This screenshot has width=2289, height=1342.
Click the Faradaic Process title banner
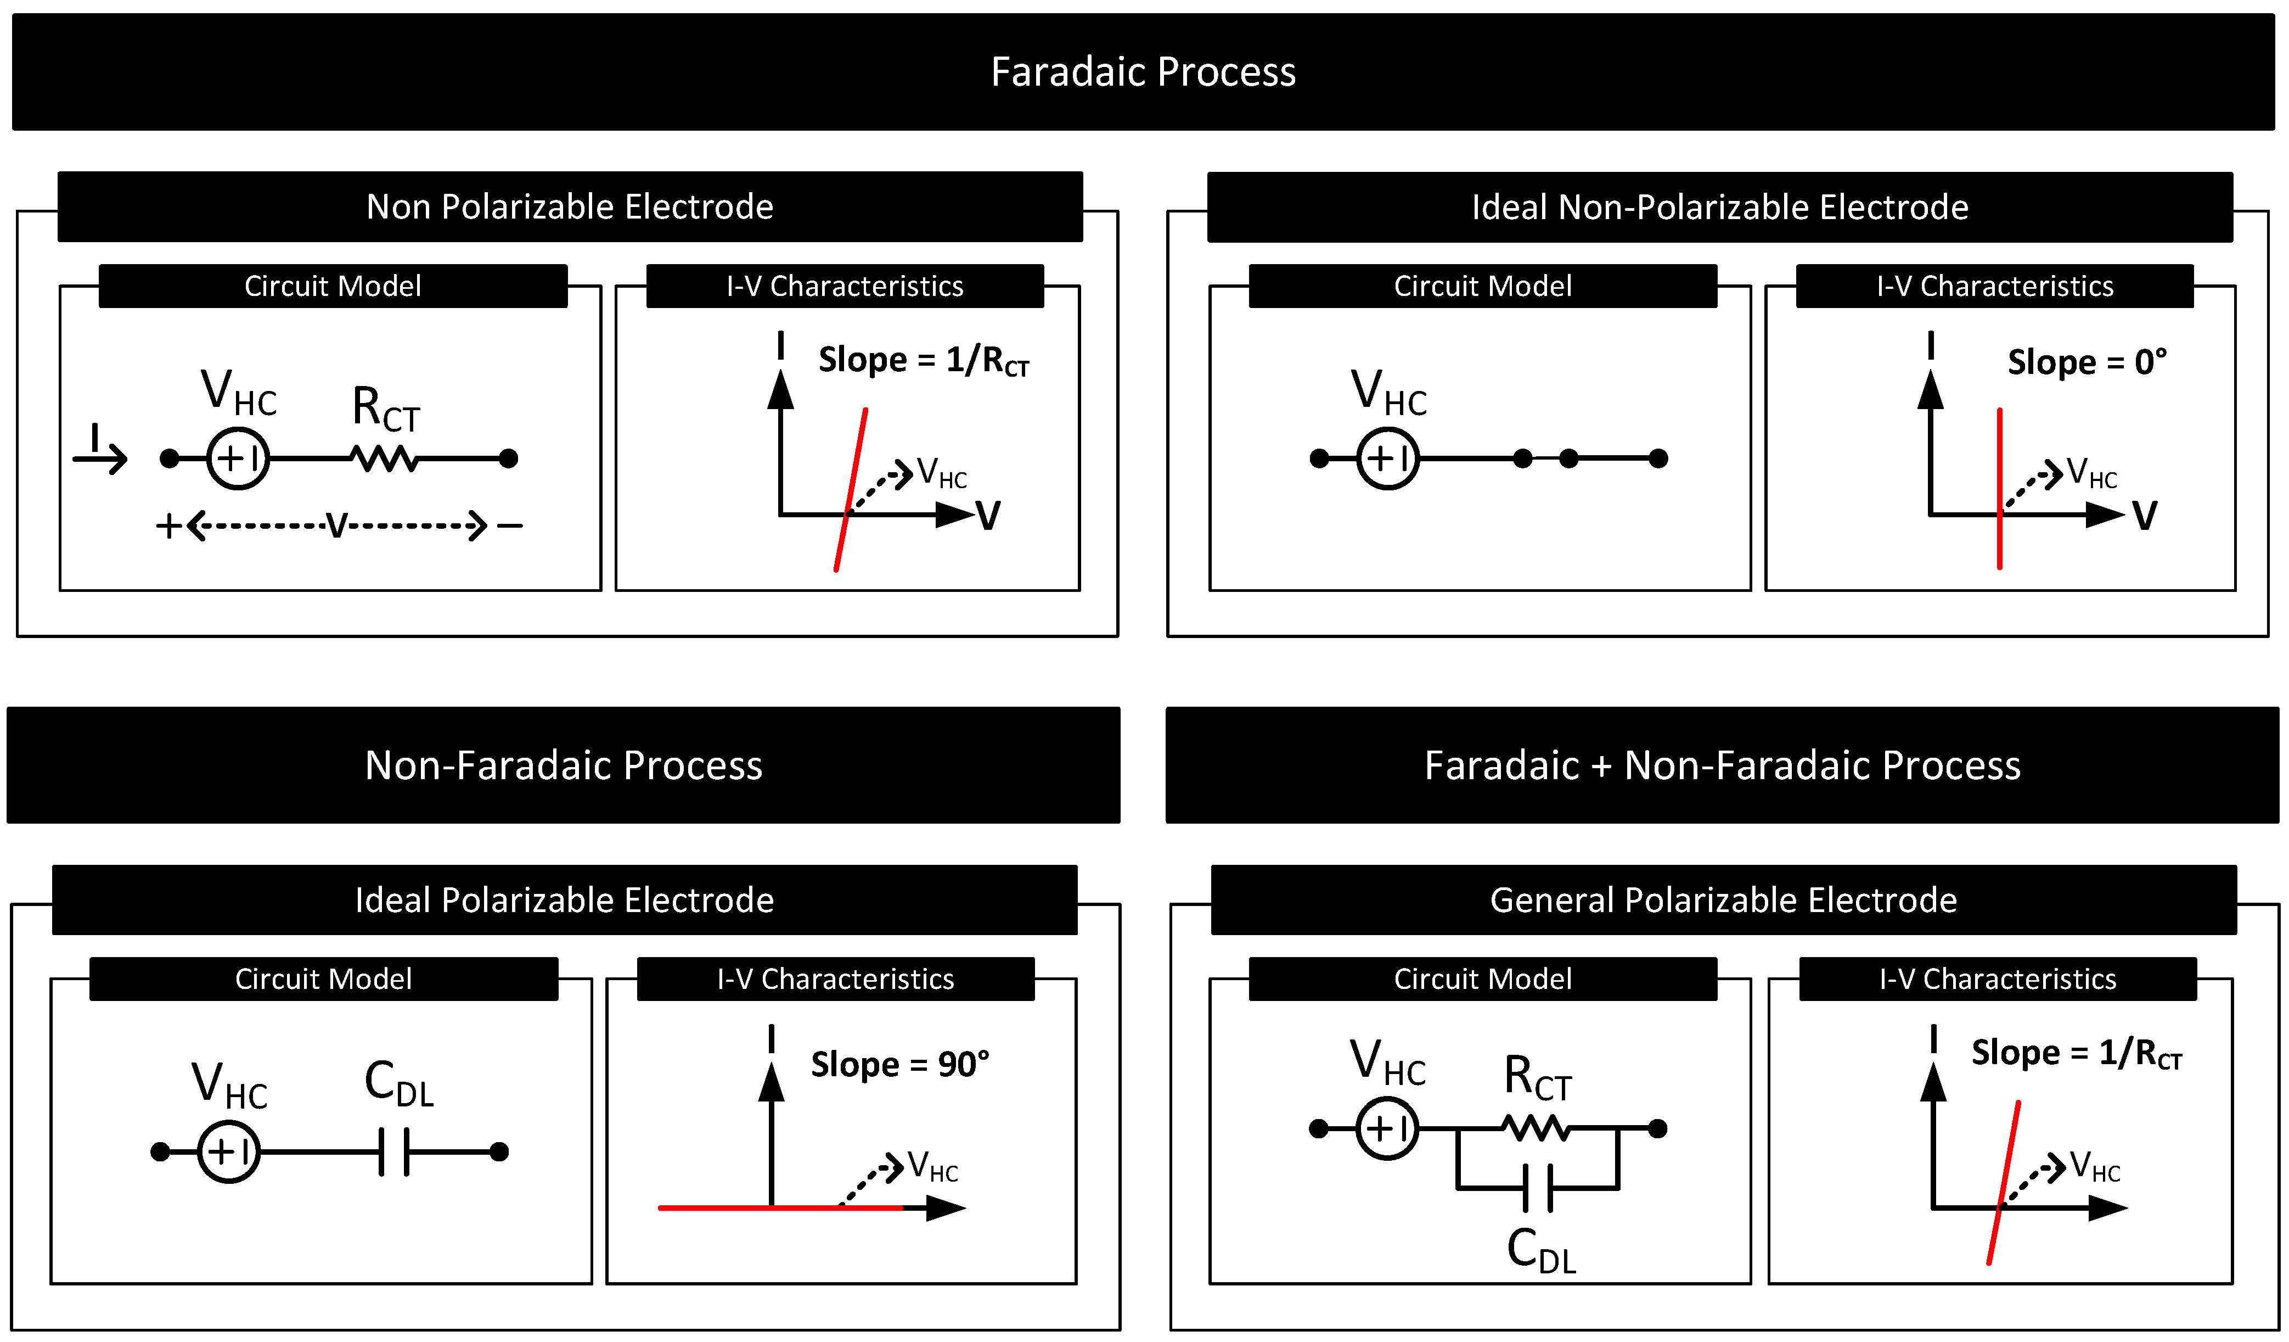coord(1143,72)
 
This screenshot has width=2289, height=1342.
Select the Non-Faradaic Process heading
coord(563,765)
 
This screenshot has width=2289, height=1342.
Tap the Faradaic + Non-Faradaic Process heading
coord(1722,765)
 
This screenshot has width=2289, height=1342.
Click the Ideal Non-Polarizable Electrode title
coord(1719,207)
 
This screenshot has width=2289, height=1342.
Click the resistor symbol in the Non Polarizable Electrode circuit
coord(385,459)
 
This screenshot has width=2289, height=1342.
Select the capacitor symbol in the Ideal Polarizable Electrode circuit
coord(394,1152)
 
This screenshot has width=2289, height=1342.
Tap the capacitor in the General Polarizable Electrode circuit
coord(1537,1188)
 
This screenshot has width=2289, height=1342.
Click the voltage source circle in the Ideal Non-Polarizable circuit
coord(1387,459)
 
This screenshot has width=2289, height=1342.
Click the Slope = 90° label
coord(899,1064)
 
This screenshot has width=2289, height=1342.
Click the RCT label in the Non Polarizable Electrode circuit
coord(385,409)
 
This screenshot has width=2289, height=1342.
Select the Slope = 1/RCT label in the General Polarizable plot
coord(2076,1054)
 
